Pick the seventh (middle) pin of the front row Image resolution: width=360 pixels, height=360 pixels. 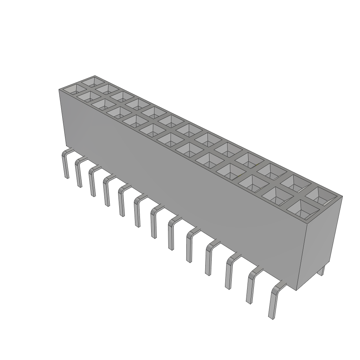[153, 224]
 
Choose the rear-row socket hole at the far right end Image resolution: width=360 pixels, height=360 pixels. [322, 196]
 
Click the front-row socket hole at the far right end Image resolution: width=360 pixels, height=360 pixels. [303, 209]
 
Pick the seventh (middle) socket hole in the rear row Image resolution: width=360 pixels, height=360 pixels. [189, 130]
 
